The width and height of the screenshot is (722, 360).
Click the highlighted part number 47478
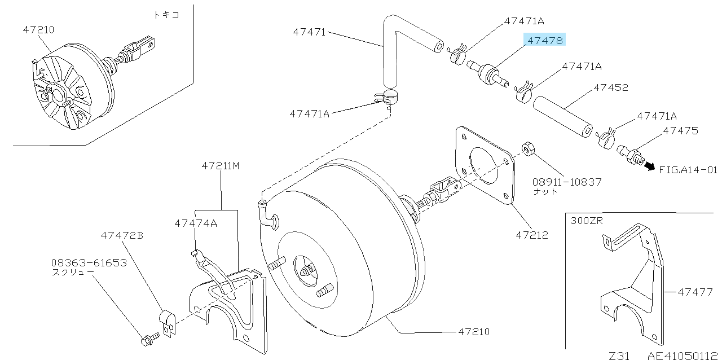pyautogui.click(x=544, y=40)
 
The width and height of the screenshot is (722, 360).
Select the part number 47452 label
pyautogui.click(x=610, y=87)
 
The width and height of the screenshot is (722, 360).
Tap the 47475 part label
pyautogui.click(x=680, y=130)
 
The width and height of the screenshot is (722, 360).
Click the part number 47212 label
pyautogui.click(x=531, y=235)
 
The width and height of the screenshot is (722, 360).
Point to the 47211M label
pyautogui.click(x=221, y=166)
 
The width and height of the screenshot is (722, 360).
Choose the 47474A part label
pyautogui.click(x=196, y=223)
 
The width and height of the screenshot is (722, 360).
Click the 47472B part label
pyautogui.click(x=122, y=235)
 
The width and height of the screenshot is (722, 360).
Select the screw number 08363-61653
pyautogui.click(x=89, y=263)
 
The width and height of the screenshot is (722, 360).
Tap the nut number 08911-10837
pyautogui.click(x=567, y=182)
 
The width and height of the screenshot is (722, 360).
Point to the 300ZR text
pyautogui.click(x=586, y=221)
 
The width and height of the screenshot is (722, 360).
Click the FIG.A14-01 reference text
pyautogui.click(x=688, y=169)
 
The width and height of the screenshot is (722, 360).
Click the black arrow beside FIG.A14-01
pyautogui.click(x=650, y=166)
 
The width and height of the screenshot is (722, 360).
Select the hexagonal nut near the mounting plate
pyautogui.click(x=528, y=150)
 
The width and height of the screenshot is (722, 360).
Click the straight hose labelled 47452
pyautogui.click(x=562, y=116)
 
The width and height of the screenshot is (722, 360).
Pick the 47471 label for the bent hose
pyautogui.click(x=309, y=32)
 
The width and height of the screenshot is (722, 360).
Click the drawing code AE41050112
pyautogui.click(x=683, y=355)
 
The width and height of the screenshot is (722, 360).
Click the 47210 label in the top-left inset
pyautogui.click(x=39, y=29)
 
